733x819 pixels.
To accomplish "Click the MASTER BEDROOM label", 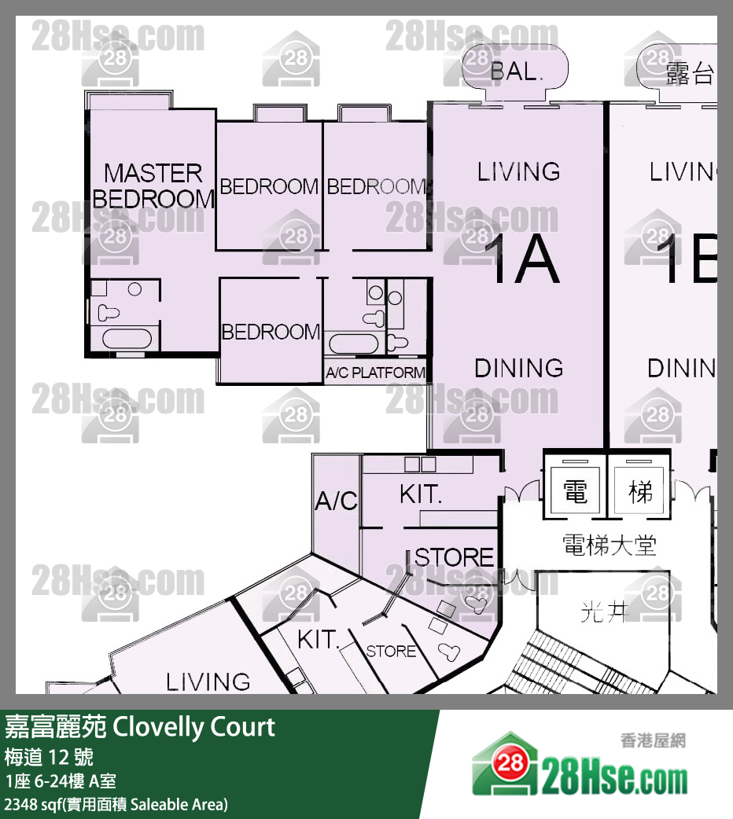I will click(153, 185).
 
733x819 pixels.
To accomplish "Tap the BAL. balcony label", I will click(517, 72).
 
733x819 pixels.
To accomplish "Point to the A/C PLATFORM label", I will click(376, 373).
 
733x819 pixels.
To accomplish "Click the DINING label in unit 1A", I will click(518, 367).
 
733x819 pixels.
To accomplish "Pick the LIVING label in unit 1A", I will click(518, 171).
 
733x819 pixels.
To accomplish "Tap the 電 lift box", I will click(575, 493).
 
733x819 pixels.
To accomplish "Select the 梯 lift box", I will click(640, 493).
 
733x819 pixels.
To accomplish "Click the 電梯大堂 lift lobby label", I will click(609, 545).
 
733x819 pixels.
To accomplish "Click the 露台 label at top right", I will click(690, 74).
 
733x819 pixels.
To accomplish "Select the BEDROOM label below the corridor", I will click(271, 332).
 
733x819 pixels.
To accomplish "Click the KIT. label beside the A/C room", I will click(421, 494).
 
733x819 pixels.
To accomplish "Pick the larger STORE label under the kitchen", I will click(455, 557).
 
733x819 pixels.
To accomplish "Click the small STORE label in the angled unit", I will click(391, 651).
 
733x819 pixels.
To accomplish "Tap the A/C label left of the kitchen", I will click(337, 501).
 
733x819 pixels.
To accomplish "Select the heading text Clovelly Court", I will click(194, 726).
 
